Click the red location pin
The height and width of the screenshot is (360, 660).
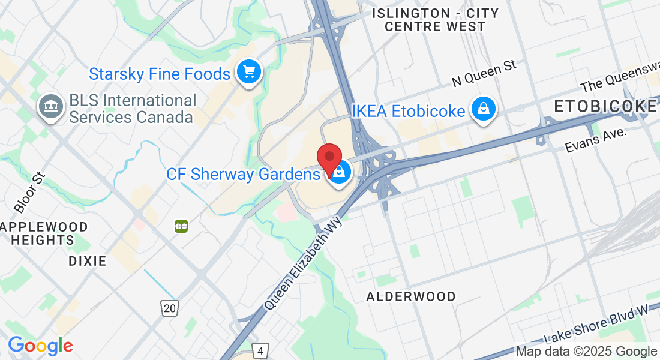[x=329, y=157]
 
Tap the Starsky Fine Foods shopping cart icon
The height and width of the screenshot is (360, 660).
[x=248, y=73]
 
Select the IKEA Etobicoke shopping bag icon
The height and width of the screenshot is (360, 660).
[x=482, y=109]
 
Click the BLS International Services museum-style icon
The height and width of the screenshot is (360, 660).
[x=51, y=107]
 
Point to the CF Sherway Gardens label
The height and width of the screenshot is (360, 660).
[x=243, y=175]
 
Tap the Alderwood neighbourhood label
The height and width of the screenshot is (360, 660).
[x=411, y=296]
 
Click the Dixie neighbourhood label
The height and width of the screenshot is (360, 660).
[x=88, y=261]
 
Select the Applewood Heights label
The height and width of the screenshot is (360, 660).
[x=44, y=233]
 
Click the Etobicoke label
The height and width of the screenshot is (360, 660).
[x=605, y=107]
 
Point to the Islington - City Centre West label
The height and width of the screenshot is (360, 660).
[x=435, y=20]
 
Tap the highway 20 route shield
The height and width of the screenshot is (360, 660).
[x=170, y=308]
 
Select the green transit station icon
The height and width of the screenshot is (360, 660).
[x=181, y=226]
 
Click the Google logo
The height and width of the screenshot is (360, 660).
[x=40, y=346]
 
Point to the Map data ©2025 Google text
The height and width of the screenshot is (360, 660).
[x=587, y=352]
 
